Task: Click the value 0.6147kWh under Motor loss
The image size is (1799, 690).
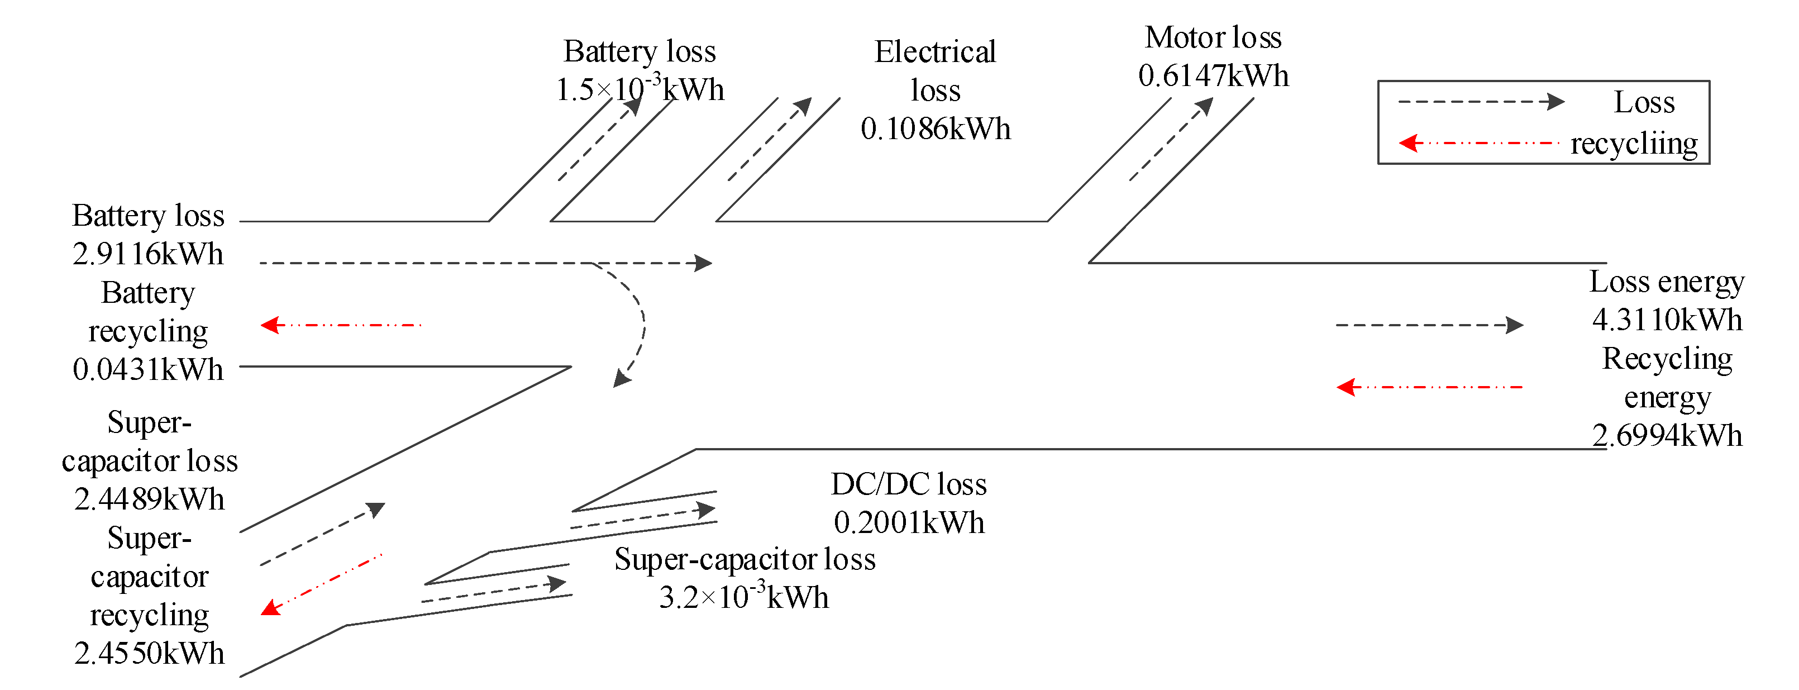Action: (1213, 75)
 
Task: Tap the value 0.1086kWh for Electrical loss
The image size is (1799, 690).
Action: (935, 129)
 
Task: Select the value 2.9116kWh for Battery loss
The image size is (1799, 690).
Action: (148, 254)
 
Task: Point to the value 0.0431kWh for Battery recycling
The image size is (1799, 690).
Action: (148, 369)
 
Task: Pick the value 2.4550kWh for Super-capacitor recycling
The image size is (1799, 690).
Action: (150, 654)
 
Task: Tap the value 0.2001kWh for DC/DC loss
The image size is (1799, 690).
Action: (909, 522)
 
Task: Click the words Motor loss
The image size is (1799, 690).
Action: (1213, 37)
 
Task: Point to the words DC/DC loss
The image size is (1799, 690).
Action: (909, 484)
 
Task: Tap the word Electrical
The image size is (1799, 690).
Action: (935, 51)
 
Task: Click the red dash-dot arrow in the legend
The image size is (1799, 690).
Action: (1478, 143)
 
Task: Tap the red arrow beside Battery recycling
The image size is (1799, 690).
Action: (341, 325)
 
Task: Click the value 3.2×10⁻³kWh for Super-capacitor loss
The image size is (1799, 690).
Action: (744, 597)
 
